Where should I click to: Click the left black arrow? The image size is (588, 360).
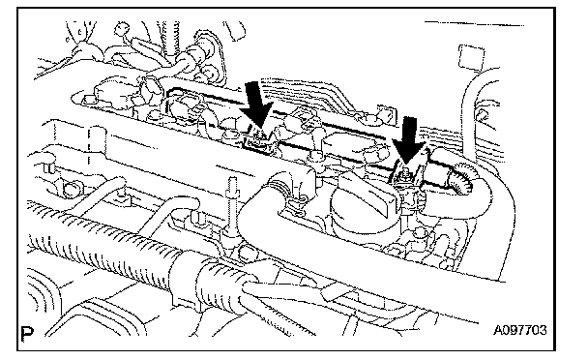coord(255,105)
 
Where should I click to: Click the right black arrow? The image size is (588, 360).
coord(409,139)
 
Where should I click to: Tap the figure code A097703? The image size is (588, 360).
coord(519,330)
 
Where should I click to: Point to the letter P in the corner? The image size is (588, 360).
coord(27,333)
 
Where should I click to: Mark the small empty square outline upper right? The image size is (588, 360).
coord(471,56)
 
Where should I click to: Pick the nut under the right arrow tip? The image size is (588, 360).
coord(405,173)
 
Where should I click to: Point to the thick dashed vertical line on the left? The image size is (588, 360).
coord(89,146)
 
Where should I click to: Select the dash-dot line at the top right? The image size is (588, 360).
coord(474,23)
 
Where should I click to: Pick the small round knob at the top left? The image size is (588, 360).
coord(122,29)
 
